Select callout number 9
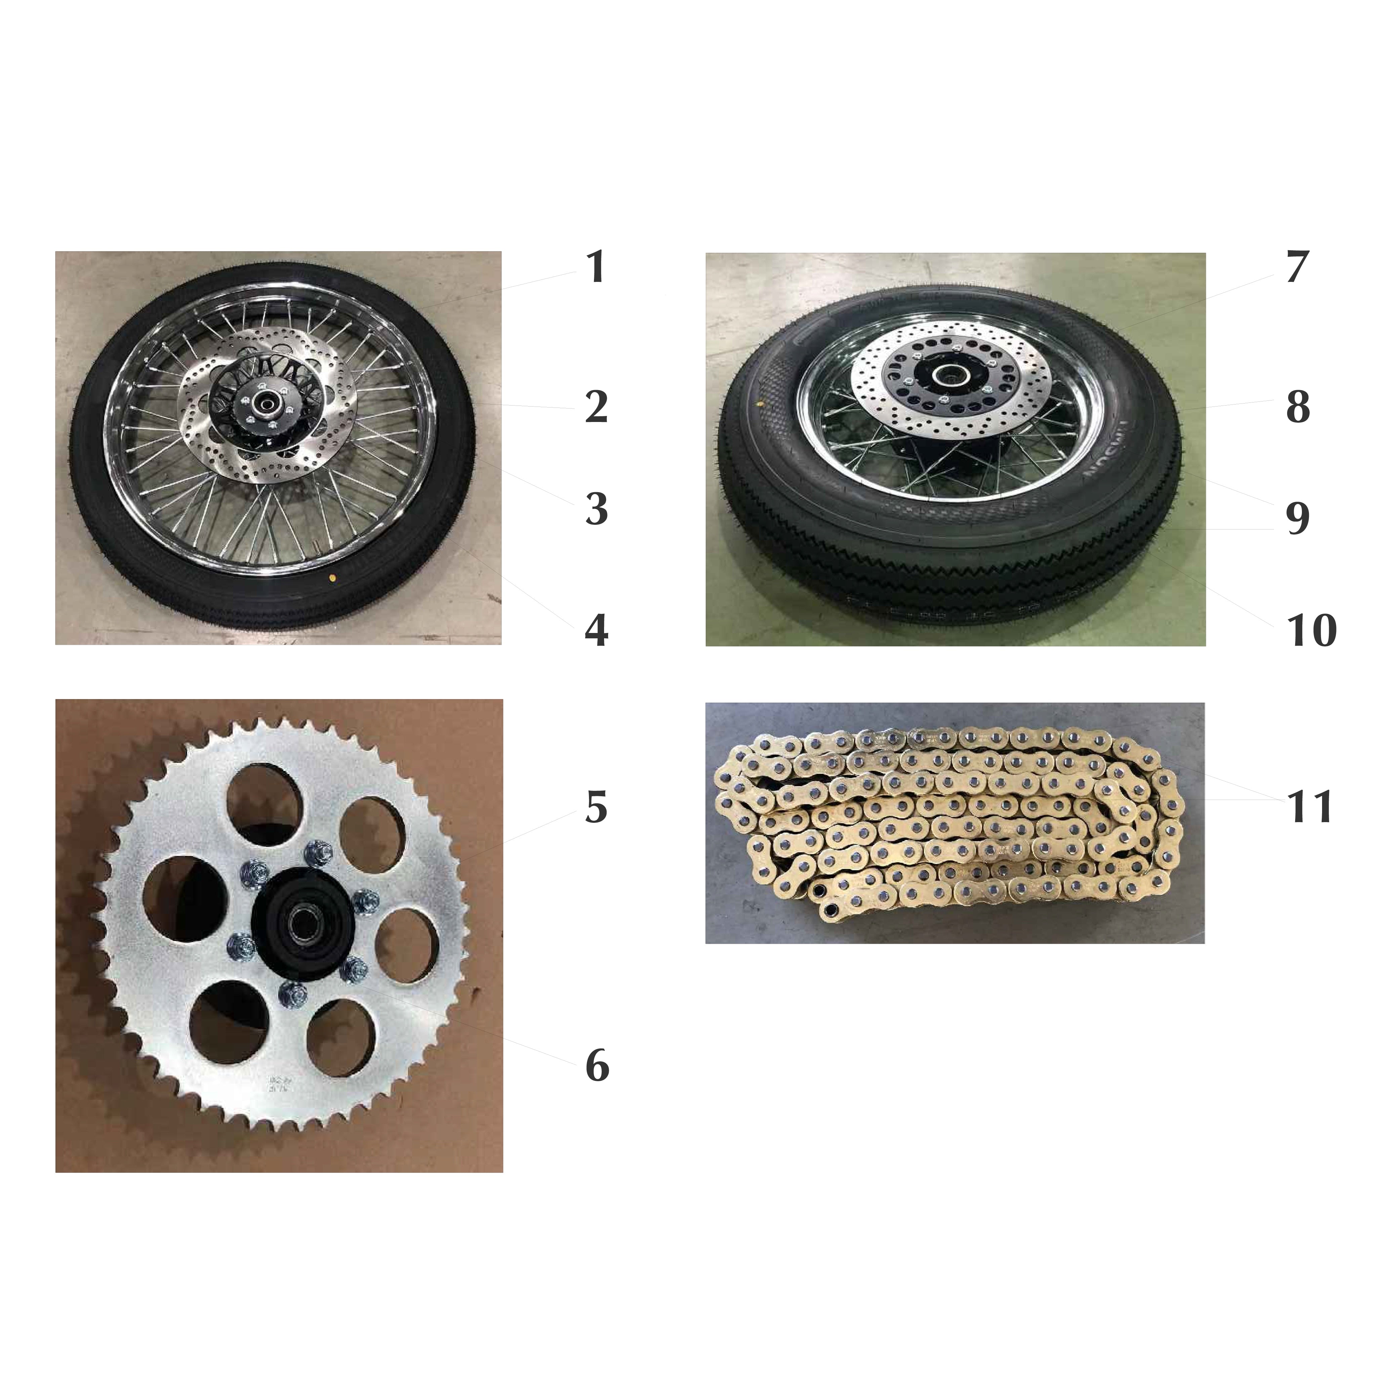coord(1297,518)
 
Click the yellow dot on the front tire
coord(333,578)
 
